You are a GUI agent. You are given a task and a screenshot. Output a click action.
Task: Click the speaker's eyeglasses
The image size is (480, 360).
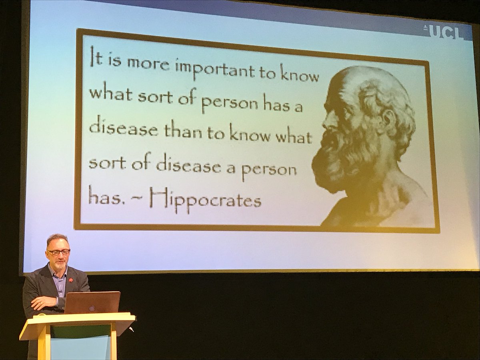click(x=58, y=252)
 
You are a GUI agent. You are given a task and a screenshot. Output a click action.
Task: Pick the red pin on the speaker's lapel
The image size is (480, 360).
click(x=71, y=280)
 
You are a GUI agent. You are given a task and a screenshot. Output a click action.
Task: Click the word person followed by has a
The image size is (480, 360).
click(x=230, y=104)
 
